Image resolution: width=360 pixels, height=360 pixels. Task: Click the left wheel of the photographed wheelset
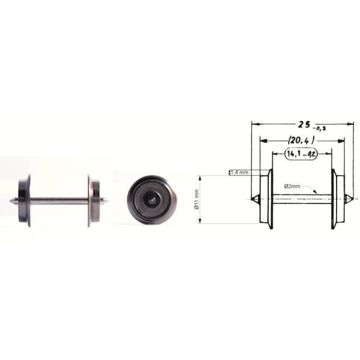click(x=25, y=200)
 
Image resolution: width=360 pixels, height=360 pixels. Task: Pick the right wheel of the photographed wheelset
click(x=94, y=200)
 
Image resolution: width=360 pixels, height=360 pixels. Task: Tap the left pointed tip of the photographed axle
click(x=13, y=200)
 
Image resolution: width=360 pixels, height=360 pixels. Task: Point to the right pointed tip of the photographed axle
click(x=107, y=200)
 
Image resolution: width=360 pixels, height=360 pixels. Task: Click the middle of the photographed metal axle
click(x=59, y=200)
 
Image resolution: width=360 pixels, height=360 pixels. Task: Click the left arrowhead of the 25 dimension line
click(x=254, y=125)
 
